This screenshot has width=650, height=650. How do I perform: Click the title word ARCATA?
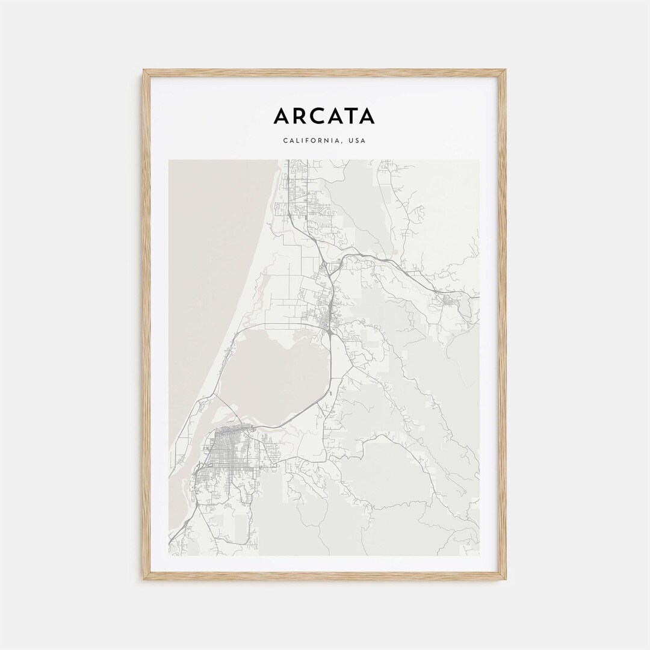coord(324,116)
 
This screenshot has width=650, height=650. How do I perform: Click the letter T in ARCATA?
coord(350,116)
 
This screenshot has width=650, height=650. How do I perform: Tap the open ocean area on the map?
coord(205,271)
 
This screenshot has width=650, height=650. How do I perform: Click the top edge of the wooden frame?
coord(324,73)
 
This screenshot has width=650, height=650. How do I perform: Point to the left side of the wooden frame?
coord(146,325)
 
